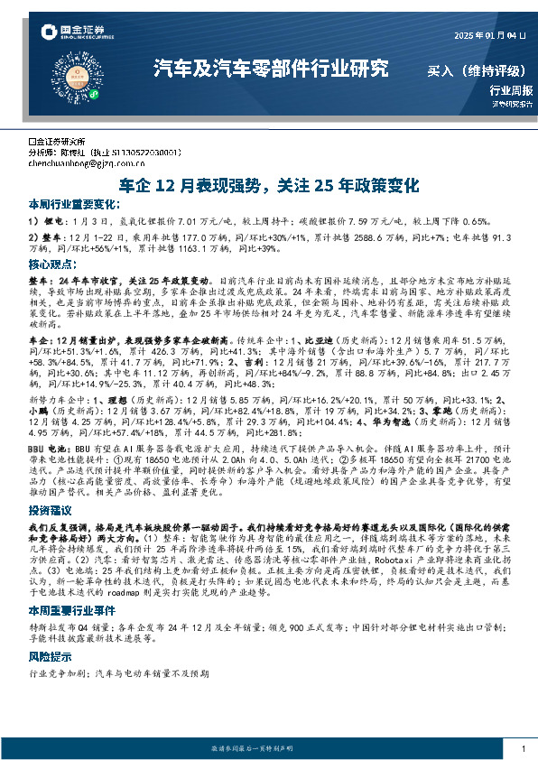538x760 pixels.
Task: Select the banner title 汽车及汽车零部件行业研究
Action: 271,68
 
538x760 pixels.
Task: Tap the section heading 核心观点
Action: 51,265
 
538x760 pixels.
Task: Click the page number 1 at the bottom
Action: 524,749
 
